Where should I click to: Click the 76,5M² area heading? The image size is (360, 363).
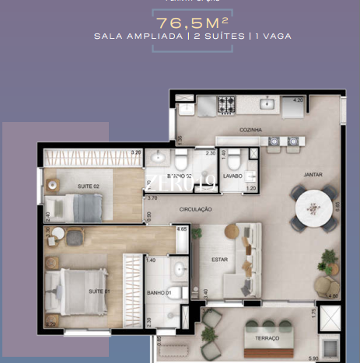click(x=180, y=23)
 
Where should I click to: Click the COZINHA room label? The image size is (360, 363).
click(x=250, y=130)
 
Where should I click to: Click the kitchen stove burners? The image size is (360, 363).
click(x=225, y=103)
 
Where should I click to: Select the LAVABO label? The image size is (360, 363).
click(x=233, y=176)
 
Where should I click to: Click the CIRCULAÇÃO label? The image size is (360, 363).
click(x=196, y=209)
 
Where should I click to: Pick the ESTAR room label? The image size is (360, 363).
click(x=219, y=260)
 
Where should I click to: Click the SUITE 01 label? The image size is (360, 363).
click(x=100, y=291)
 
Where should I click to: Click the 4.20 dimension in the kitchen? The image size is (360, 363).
click(x=298, y=100)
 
